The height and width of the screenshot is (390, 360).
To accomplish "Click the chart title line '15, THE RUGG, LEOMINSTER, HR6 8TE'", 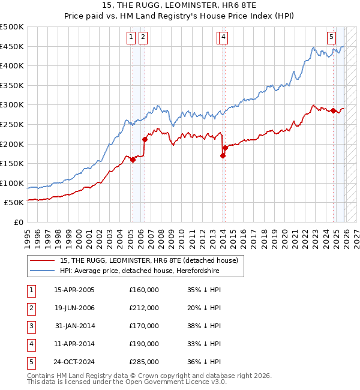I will pos(180,5).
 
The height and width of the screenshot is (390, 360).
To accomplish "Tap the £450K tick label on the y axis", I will pos(12,47).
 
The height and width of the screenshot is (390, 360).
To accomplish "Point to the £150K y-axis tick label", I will pos(12,164).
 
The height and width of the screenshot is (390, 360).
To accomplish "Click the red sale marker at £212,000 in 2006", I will pos(145,139).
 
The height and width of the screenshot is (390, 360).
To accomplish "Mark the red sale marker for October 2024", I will pos(333,110).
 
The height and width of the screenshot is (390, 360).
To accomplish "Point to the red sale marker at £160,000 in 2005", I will pos(133,160).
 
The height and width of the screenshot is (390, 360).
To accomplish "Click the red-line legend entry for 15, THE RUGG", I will pos(149,260).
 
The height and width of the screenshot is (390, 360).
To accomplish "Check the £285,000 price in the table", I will pos(144,361).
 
